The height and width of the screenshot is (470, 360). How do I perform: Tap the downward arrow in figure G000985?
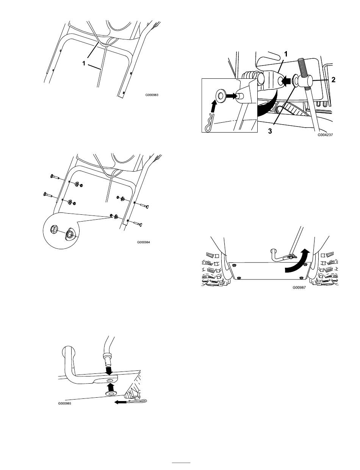(109, 368)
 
